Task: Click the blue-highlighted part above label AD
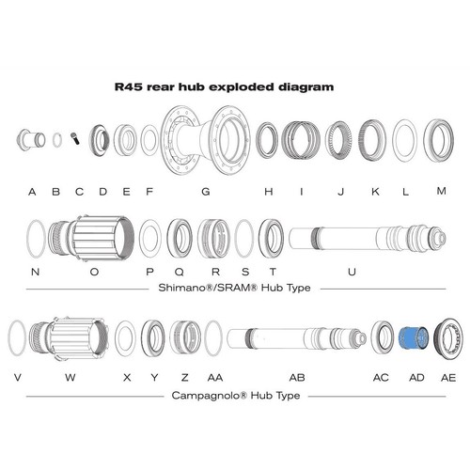coord(413,338)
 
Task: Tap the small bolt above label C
coord(75,138)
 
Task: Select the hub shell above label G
coord(206,140)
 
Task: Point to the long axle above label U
coord(368,238)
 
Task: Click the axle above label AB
coord(297,338)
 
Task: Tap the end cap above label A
coord(31,140)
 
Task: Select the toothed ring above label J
coord(338,140)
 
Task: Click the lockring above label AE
coord(448,338)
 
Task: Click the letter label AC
coord(381,378)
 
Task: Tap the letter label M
coord(442,191)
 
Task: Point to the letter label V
coord(18,377)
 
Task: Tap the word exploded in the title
coord(242,87)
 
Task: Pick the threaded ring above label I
coord(301,140)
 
